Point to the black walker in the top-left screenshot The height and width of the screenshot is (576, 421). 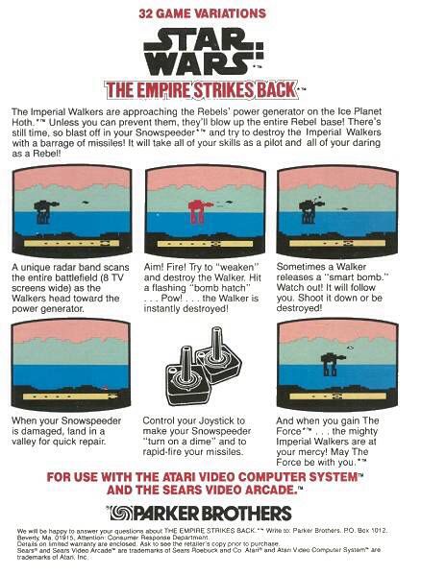44,208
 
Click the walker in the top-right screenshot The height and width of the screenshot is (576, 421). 310,204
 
